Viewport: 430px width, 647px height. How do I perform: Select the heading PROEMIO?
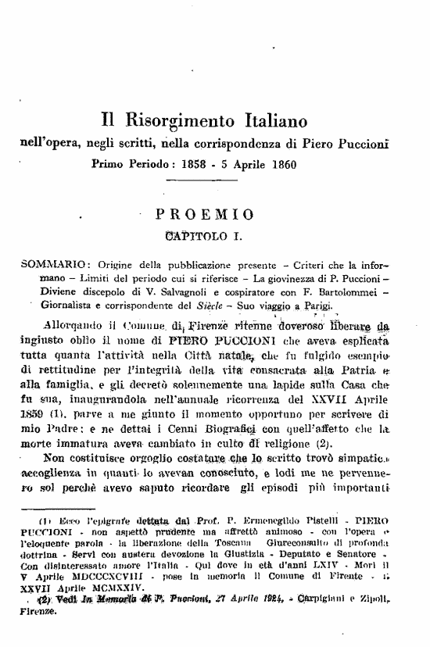click(x=204, y=213)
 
